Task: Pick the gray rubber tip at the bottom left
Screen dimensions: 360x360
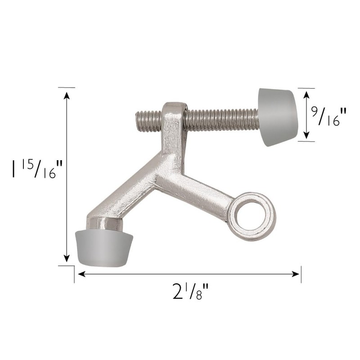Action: (104, 247)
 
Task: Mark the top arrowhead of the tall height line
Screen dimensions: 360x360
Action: (67, 95)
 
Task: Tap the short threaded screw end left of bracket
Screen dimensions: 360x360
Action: (148, 120)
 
